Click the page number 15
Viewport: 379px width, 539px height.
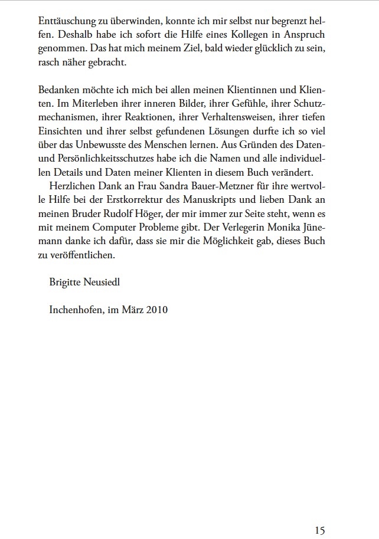pos(319,514)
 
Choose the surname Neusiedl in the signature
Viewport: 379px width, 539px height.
pos(108,282)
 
